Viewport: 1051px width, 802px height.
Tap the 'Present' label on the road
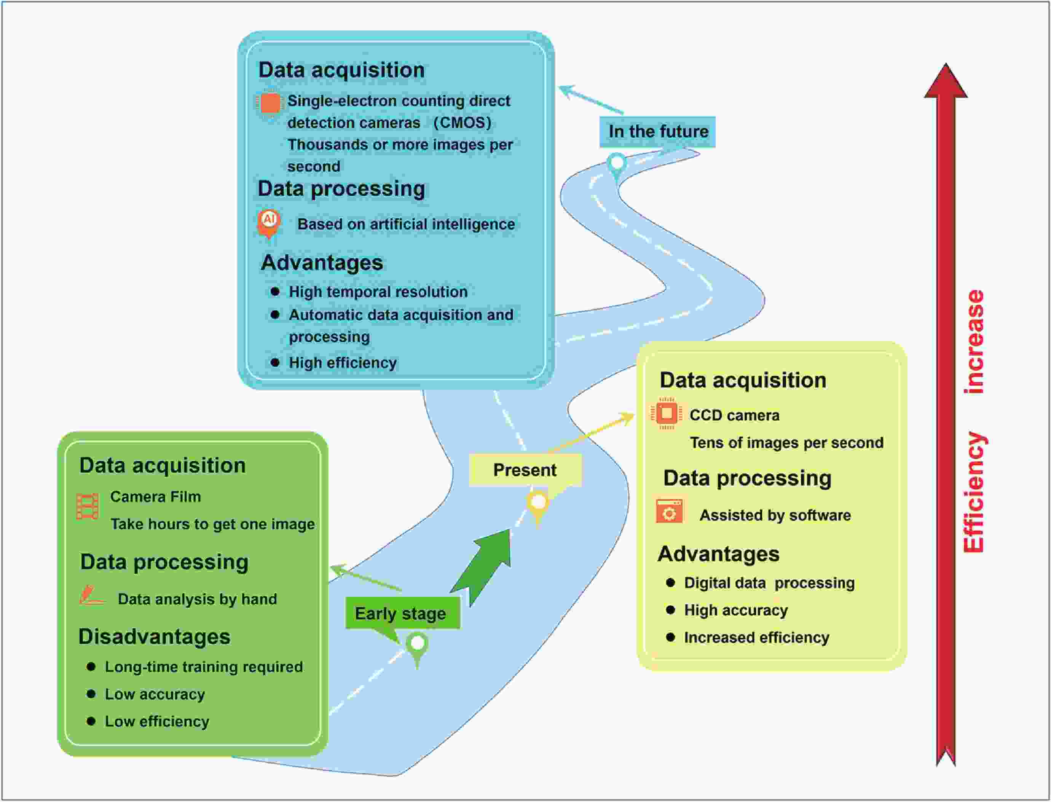tap(525, 470)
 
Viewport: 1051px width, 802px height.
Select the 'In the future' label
tap(658, 131)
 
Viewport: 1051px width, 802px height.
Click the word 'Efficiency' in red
tap(974, 492)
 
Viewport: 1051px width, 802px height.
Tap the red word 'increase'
tap(974, 341)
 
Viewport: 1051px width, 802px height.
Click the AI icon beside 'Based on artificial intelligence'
tap(269, 222)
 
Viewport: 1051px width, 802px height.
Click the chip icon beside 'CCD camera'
tap(666, 413)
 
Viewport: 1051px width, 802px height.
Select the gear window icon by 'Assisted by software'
tap(669, 512)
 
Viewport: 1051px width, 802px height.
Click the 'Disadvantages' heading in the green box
tap(154, 636)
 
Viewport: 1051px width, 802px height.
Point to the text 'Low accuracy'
tap(155, 694)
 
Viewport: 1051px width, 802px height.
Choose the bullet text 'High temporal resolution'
tap(378, 292)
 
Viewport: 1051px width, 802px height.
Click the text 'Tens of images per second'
tap(786, 443)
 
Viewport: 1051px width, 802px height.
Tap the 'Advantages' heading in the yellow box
tap(718, 554)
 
